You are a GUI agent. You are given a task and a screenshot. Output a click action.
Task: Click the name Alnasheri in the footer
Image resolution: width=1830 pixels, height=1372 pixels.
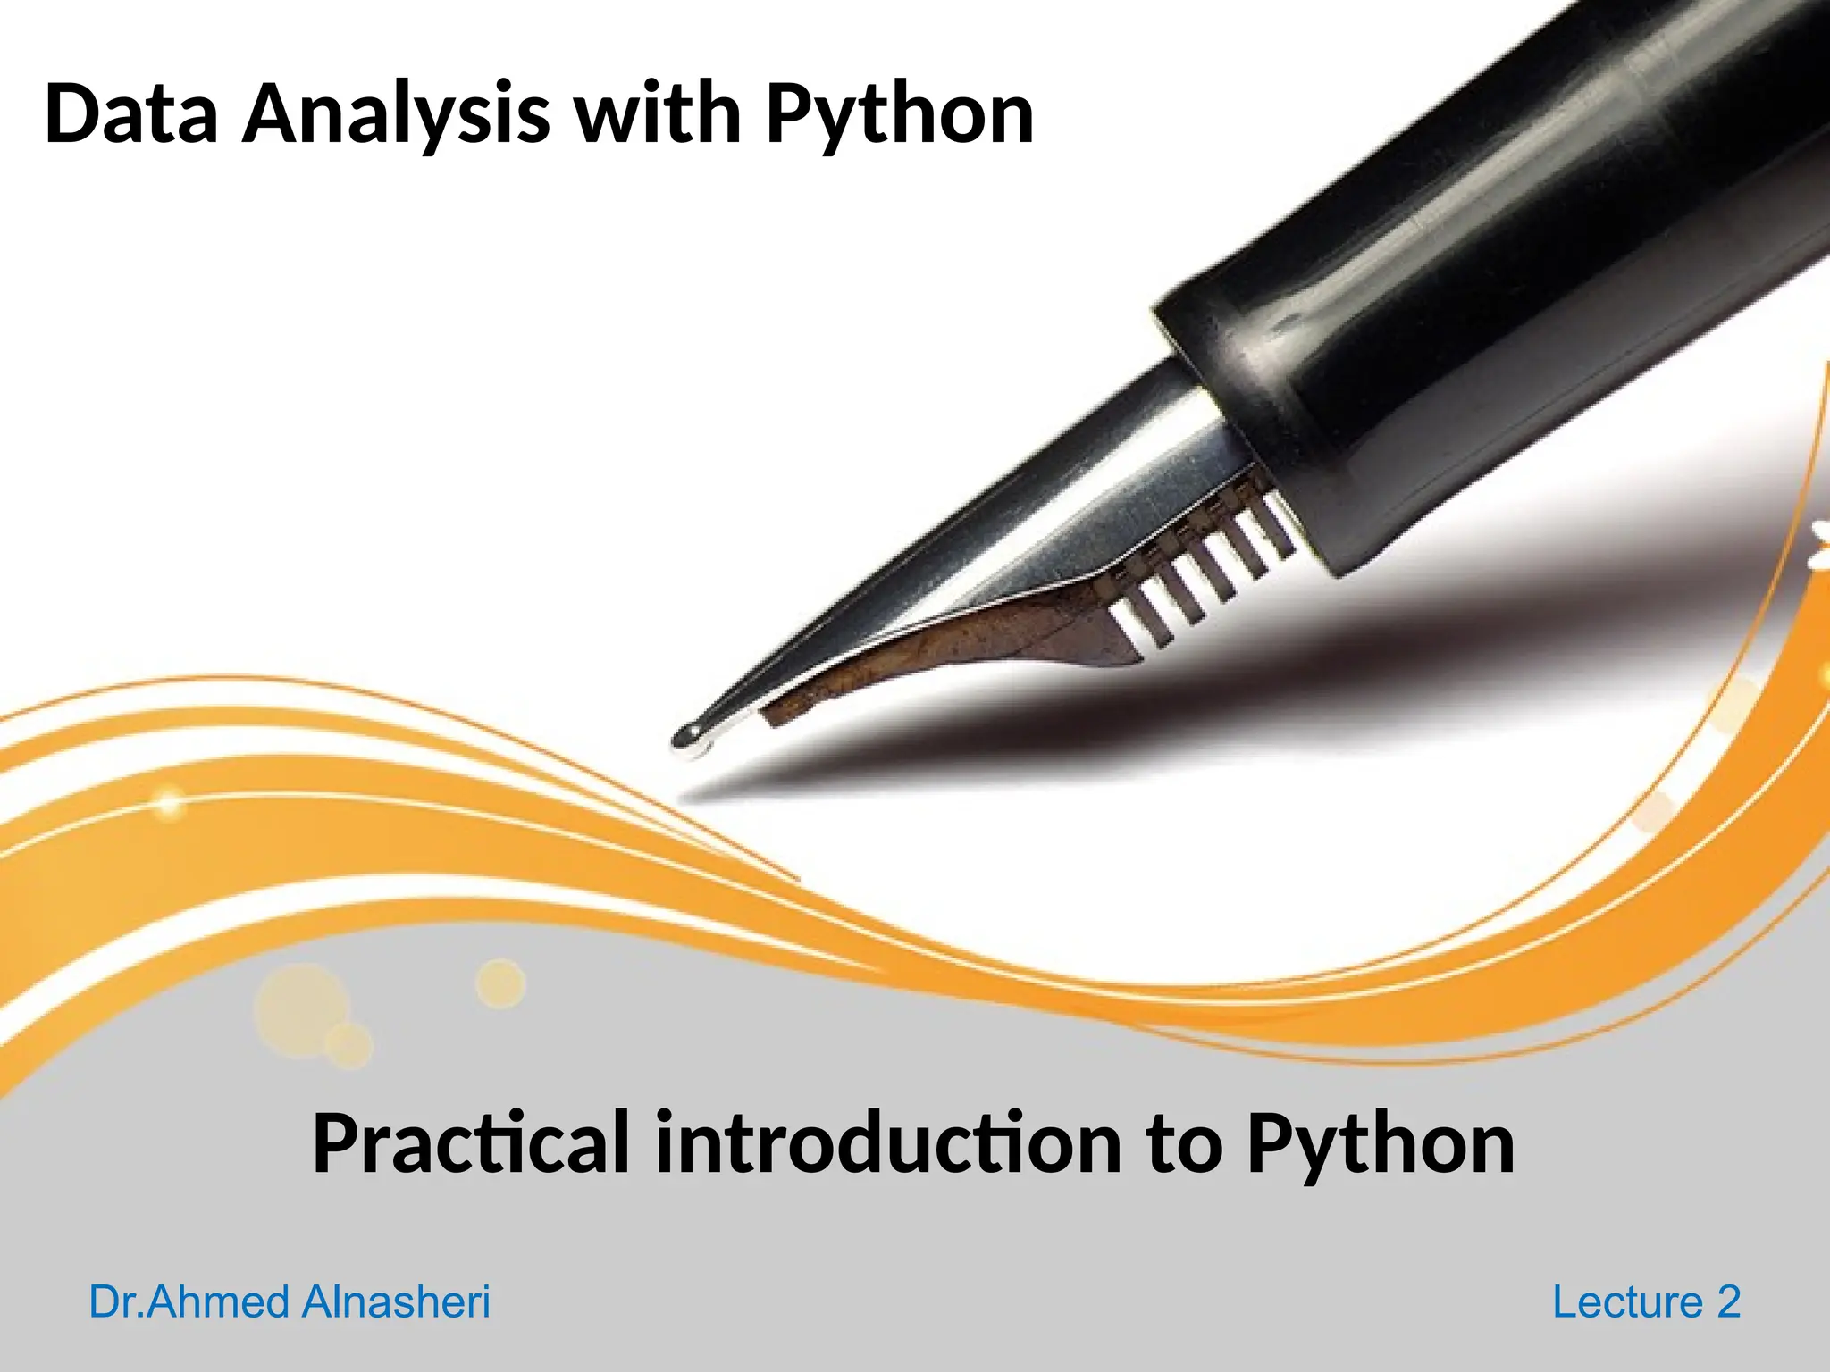pyautogui.click(x=396, y=1301)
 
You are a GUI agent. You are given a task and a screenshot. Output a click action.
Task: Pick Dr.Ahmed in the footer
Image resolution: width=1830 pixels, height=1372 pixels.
pyautogui.click(x=190, y=1301)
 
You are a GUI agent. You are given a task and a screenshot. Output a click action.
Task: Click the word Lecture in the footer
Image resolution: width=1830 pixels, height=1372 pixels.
pyautogui.click(x=1627, y=1301)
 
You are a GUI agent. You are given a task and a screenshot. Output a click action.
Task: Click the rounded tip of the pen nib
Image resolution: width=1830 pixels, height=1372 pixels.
pyautogui.click(x=689, y=736)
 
